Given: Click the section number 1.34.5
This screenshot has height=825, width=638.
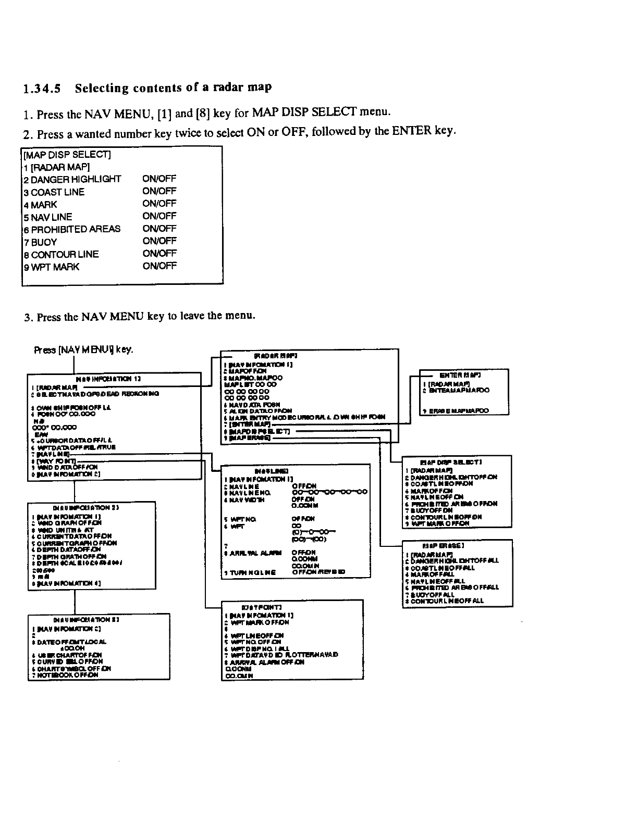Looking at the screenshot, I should pyautogui.click(x=43, y=89).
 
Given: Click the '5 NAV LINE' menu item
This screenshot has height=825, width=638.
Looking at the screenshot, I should pyautogui.click(x=48, y=217).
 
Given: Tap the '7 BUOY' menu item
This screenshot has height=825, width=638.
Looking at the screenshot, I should pyautogui.click(x=40, y=242).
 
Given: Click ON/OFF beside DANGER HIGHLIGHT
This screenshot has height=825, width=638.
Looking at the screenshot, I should pyautogui.click(x=159, y=179).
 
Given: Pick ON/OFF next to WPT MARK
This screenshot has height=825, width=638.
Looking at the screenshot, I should pyautogui.click(x=159, y=266).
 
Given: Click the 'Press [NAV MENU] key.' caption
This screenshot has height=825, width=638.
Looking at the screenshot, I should pyautogui.click(x=84, y=349).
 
